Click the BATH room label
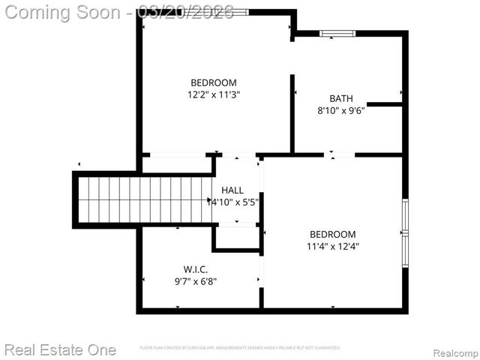(340, 98)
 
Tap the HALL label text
(232, 190)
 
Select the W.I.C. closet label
(195, 269)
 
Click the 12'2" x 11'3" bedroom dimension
(214, 94)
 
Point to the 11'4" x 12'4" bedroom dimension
(331, 246)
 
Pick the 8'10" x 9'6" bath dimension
(340, 110)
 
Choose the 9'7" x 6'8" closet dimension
(195, 282)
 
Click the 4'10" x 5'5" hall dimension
(237, 202)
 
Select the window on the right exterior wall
(405, 233)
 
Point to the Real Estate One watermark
(60, 349)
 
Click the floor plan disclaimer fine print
(240, 348)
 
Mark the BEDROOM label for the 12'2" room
(214, 82)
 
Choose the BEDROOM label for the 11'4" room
(331, 234)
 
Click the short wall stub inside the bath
(385, 104)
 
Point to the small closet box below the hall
(236, 238)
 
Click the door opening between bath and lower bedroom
(339, 154)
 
